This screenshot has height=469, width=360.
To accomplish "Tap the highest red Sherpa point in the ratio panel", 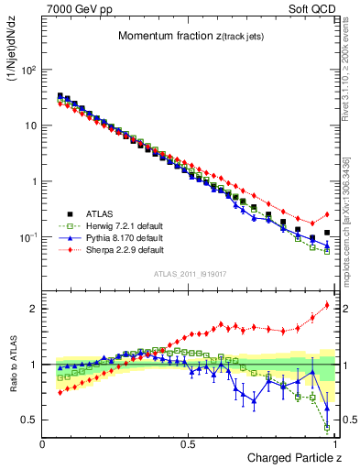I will click(x=327, y=305).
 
